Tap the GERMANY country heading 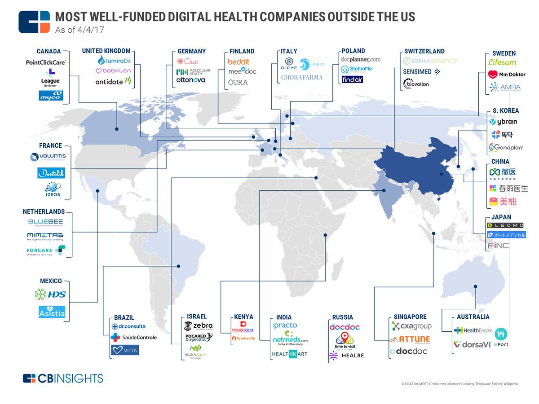tap(191, 51)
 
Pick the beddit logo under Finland tap(239, 62)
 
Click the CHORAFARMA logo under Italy tap(301, 77)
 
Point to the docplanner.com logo tap(361, 59)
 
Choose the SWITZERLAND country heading tap(424, 51)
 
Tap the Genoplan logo tap(506, 147)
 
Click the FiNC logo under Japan tap(499, 246)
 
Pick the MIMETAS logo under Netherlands tap(45, 236)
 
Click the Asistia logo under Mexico tap(52, 312)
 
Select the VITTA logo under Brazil tap(125, 349)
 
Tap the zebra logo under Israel tap(199, 325)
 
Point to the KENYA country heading tap(244, 317)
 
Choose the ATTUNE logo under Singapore tap(411, 339)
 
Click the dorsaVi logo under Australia tap(472, 344)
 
